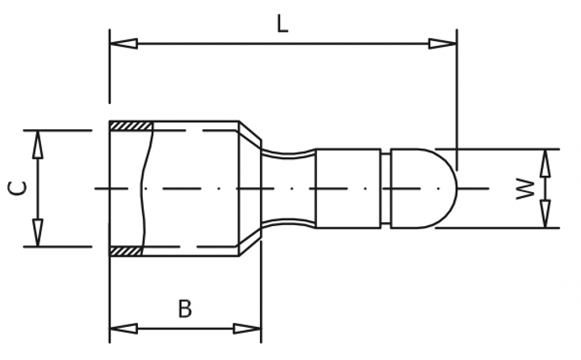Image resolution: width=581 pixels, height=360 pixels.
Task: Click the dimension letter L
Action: [x=281, y=23]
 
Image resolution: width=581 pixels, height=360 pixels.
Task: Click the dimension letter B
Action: [x=185, y=309]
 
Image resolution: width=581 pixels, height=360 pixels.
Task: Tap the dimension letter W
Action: [x=525, y=189]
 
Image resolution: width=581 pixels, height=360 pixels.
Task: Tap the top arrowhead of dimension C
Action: [x=37, y=144]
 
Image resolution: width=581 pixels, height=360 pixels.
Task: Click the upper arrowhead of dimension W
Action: [x=545, y=162]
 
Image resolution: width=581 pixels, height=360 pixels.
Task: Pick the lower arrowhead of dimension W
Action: [x=545, y=214]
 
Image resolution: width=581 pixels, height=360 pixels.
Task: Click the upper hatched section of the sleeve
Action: [x=131, y=126]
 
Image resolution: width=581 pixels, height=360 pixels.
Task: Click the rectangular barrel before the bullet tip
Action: [x=348, y=188]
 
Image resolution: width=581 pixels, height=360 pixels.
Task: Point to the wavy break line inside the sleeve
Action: [x=145, y=188]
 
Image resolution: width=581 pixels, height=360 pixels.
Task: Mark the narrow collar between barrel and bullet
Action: [x=386, y=188]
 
